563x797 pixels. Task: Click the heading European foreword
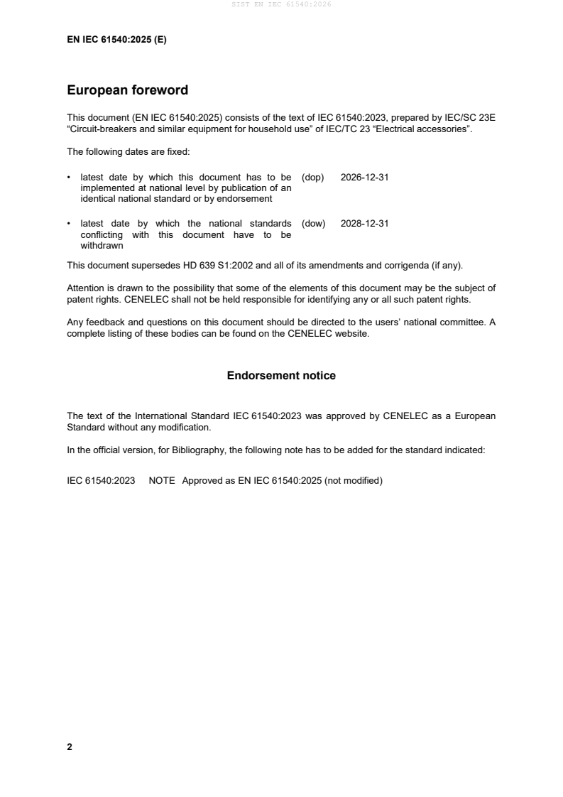(127, 90)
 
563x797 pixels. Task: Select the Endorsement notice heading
(281, 376)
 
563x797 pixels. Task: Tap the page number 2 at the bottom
(70, 747)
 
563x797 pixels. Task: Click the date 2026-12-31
(364, 178)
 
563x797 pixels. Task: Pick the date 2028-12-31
(364, 223)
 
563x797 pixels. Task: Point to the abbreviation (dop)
(313, 178)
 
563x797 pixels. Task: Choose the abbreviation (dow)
(313, 223)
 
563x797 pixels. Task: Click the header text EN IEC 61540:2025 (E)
(116, 40)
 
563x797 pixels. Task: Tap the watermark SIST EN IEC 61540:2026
(281, 4)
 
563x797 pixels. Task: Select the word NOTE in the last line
(162, 481)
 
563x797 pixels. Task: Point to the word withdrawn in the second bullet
(102, 246)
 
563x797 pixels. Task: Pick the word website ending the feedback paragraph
(352, 333)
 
